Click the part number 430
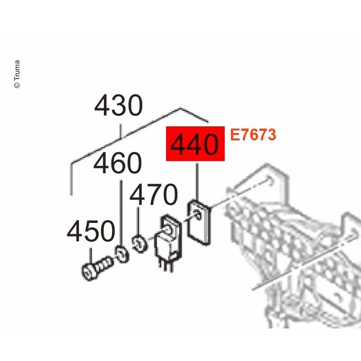click(x=119, y=106)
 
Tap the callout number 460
click(x=118, y=163)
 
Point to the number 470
click(x=154, y=194)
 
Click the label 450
click(x=91, y=231)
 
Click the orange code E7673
click(x=253, y=134)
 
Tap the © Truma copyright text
click(x=17, y=74)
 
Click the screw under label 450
click(x=97, y=268)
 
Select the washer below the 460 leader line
click(x=122, y=254)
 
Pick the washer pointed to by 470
click(x=140, y=244)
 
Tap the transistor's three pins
click(x=166, y=267)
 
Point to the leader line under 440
click(x=197, y=182)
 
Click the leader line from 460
click(x=121, y=213)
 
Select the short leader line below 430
click(x=120, y=131)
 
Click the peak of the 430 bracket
click(x=180, y=108)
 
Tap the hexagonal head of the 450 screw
click(x=89, y=273)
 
